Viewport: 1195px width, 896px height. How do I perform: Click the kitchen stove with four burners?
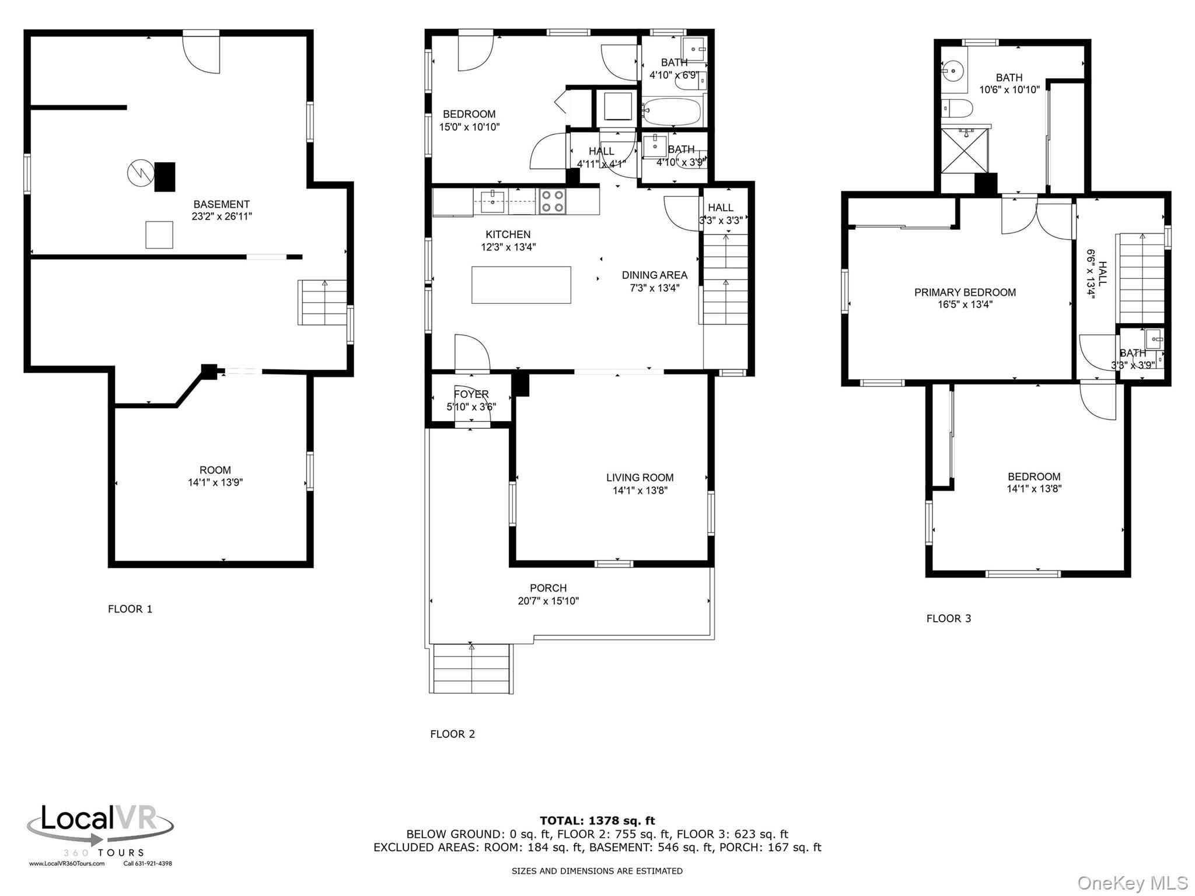pyautogui.click(x=552, y=201)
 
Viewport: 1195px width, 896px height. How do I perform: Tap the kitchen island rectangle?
pyautogui.click(x=521, y=285)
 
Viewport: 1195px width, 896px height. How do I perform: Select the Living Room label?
pyautogui.click(x=640, y=477)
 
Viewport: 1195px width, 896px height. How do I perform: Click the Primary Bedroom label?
pyautogui.click(x=965, y=292)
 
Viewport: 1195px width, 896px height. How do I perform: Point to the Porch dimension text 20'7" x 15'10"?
pyautogui.click(x=548, y=601)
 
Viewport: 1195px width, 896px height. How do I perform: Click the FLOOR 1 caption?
pyautogui.click(x=130, y=609)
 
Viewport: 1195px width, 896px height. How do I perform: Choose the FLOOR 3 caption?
pyautogui.click(x=949, y=618)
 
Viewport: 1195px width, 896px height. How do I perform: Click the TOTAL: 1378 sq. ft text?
pyautogui.click(x=597, y=821)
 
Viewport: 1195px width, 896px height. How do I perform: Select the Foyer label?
pyautogui.click(x=471, y=394)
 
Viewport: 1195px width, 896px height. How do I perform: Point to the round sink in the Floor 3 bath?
pyautogui.click(x=953, y=71)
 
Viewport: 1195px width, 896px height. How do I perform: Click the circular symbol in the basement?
pyautogui.click(x=140, y=173)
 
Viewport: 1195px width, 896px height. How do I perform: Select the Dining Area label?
pyautogui.click(x=654, y=275)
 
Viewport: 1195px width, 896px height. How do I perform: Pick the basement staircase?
pyautogui.click(x=322, y=302)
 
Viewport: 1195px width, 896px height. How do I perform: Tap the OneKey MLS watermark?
pyautogui.click(x=1132, y=883)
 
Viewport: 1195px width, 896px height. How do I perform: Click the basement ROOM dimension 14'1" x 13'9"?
pyautogui.click(x=215, y=482)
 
